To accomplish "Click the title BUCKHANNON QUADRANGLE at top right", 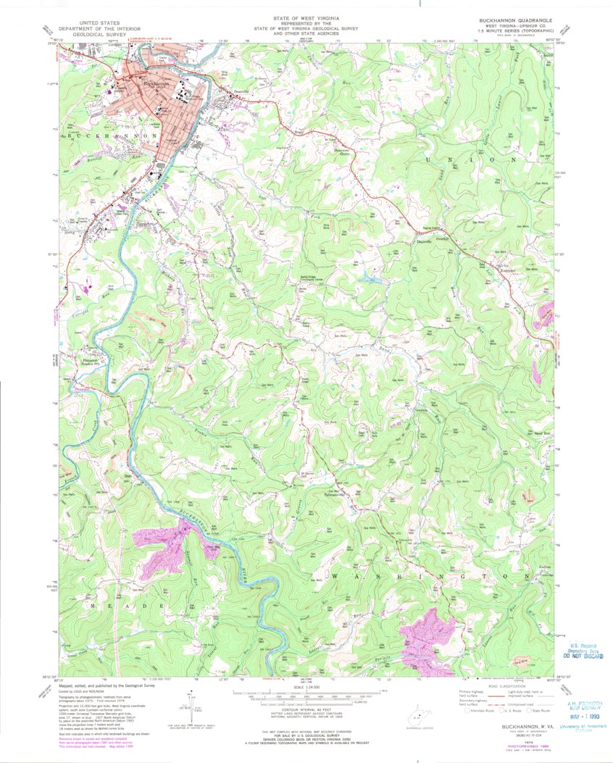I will (x=514, y=20).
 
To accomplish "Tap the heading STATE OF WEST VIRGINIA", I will (x=306, y=16).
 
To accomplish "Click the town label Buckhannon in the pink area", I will (x=156, y=83).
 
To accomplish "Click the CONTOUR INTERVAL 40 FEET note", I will (x=307, y=713).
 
